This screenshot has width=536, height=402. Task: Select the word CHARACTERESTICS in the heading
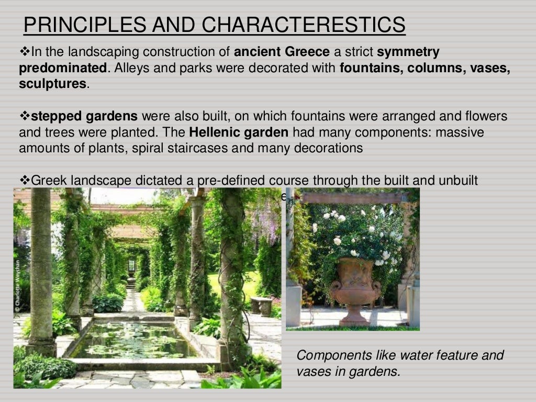pyautogui.click(x=304, y=25)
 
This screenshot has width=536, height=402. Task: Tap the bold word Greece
pyautogui.click(x=307, y=52)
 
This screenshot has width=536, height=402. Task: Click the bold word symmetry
pyautogui.click(x=408, y=52)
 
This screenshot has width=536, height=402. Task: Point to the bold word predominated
pyautogui.click(x=63, y=68)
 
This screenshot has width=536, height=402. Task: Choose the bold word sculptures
pyautogui.click(x=52, y=84)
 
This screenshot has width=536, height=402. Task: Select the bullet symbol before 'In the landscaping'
pyautogui.click(x=25, y=52)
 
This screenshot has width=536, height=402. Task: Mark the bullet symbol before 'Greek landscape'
pyautogui.click(x=25, y=180)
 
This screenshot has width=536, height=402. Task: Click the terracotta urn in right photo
pyautogui.click(x=355, y=285)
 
